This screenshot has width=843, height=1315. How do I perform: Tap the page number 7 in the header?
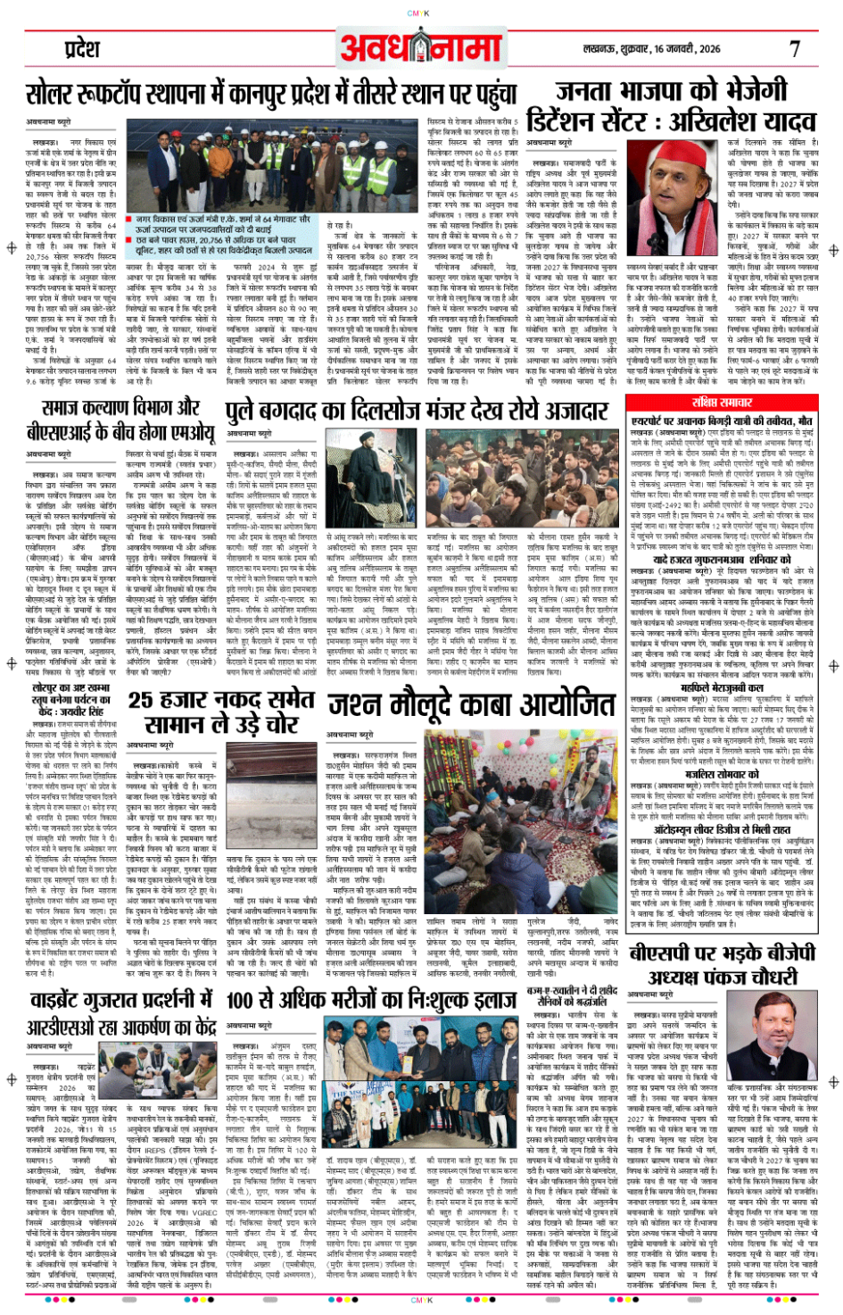(794, 49)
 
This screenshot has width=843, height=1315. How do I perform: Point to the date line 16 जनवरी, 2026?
(686, 49)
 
